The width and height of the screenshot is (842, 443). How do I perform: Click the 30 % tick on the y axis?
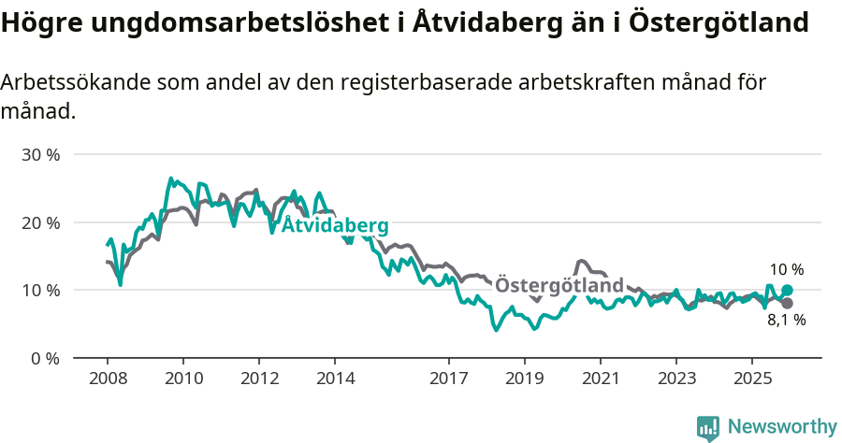40,154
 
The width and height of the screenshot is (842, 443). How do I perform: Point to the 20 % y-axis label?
40,222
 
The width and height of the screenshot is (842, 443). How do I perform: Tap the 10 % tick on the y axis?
40,291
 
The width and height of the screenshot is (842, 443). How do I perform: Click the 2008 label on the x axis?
107,379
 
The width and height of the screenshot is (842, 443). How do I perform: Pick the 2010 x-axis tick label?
182,379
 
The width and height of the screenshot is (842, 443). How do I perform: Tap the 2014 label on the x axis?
335,379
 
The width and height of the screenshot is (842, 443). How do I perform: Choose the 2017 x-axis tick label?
449,379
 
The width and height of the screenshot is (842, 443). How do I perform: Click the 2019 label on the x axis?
525,379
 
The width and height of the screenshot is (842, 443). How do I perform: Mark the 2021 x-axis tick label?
601,379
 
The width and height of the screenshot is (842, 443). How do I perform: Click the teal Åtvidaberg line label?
335,226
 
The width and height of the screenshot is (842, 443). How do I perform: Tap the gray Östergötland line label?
559,285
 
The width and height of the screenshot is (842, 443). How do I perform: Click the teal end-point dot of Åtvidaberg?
787,291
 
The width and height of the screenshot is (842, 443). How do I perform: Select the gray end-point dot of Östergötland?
787,303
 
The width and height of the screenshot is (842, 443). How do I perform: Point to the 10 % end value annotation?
787,270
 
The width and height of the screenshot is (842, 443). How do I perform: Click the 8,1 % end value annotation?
786,321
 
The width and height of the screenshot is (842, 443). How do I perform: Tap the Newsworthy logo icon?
708,428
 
